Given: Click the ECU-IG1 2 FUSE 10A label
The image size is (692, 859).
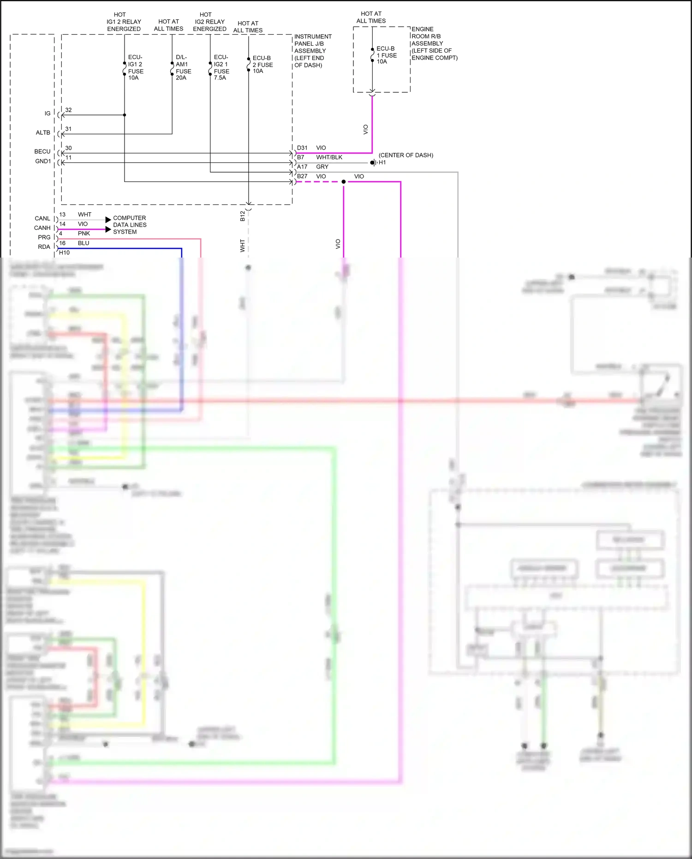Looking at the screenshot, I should (136, 68).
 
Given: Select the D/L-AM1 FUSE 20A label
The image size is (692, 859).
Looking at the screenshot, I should (183, 68).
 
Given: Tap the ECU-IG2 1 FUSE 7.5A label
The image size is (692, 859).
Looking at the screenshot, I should (221, 68).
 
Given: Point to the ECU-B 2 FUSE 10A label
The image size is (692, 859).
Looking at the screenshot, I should (262, 65).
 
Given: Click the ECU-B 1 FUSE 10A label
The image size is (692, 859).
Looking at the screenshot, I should (386, 55).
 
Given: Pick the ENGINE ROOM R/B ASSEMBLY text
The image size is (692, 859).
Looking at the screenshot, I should (434, 43).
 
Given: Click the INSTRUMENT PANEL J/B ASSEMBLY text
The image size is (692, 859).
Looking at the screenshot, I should (312, 51).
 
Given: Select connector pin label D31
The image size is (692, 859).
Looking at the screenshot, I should (302, 148).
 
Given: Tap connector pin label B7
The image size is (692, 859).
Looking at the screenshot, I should (300, 157).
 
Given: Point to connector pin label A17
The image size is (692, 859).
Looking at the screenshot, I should (302, 167).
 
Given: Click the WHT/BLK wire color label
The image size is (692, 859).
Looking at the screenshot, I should (329, 157).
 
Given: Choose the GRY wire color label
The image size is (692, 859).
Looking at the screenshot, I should (322, 167).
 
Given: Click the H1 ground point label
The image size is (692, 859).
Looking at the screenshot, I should (382, 162).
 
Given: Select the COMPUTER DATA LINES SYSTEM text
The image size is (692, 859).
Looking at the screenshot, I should (130, 225).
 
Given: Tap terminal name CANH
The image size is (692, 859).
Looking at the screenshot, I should (42, 228).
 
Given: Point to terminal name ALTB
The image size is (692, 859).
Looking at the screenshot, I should (43, 132).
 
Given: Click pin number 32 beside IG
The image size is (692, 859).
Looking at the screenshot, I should (68, 110).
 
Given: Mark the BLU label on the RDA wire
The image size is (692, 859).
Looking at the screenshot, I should (84, 243).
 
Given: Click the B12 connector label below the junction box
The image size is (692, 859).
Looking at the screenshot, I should (243, 216).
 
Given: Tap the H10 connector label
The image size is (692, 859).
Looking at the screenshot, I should (64, 252).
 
